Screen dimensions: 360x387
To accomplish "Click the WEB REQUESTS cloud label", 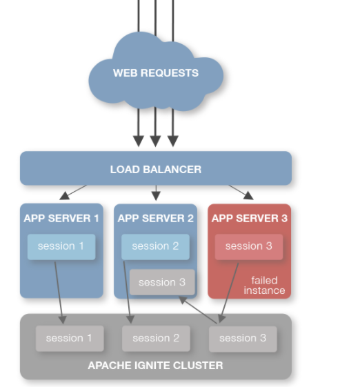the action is coord(156,73).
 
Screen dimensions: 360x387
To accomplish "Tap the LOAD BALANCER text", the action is coord(156,170).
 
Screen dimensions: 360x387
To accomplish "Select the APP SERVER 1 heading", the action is coord(61,219).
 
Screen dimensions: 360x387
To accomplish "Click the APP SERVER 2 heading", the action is coord(155,219).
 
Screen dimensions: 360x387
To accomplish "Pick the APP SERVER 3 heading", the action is coord(250,219).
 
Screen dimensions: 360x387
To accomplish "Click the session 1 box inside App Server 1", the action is coord(61,247).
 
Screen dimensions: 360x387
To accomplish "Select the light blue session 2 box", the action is coord(155,247).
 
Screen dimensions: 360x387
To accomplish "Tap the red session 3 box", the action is coord(249,247).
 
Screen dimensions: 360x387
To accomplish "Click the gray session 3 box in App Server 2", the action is coord(162,282).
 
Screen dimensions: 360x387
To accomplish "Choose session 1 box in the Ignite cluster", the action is coord(70,339).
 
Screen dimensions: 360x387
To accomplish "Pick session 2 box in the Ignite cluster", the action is coord(156,339).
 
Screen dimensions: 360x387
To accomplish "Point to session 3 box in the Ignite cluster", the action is coord(243,339).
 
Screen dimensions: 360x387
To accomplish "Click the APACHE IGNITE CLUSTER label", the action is coord(155,366).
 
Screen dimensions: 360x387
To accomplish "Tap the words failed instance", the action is coord(264,286).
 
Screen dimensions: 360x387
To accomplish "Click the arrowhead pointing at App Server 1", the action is coord(65,196).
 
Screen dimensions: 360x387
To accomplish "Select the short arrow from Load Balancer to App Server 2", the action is coord(156,192).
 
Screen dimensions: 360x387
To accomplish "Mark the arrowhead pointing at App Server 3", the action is coord(248,195).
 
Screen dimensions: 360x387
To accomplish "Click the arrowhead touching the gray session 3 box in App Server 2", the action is coord(182,300).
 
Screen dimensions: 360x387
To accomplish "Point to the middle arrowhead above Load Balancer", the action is coord(155,141).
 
